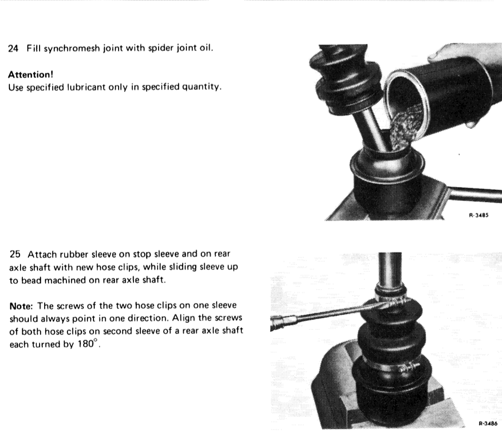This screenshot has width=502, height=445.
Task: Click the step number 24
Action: (x=13, y=49)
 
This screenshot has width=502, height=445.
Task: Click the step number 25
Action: (x=15, y=254)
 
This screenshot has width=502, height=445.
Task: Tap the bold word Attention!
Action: (x=31, y=75)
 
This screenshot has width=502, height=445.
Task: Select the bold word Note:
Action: (x=21, y=306)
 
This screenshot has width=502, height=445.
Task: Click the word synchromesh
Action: (x=72, y=49)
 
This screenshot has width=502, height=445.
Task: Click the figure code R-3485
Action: (x=479, y=215)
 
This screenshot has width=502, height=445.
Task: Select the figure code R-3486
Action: (x=488, y=424)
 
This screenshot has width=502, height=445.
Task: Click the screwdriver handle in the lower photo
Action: (x=282, y=322)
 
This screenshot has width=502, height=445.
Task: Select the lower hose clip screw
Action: (x=408, y=368)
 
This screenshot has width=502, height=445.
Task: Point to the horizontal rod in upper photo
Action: (x=474, y=193)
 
